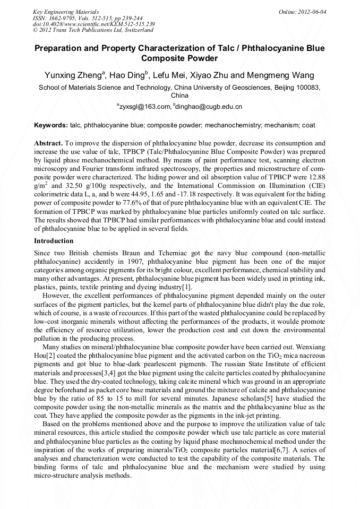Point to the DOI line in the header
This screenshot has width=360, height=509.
coord(93,24)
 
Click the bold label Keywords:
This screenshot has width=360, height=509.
coord(51,126)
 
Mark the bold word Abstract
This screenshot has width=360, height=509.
coord(48,143)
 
